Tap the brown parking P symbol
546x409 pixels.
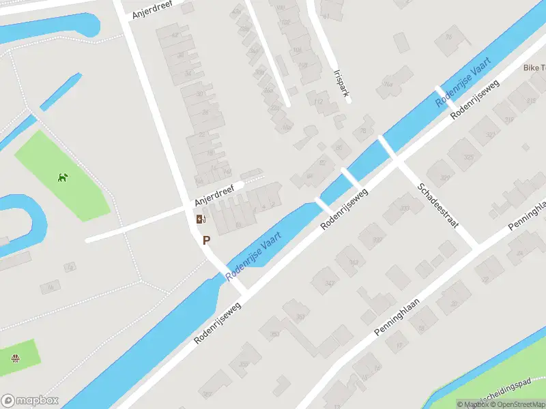[x=206, y=240]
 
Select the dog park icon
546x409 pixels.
[x=63, y=177]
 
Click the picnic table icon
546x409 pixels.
[x=15, y=358]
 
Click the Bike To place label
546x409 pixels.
[x=534, y=67]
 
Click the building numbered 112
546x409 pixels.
[x=318, y=102]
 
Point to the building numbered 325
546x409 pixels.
[x=468, y=157]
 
